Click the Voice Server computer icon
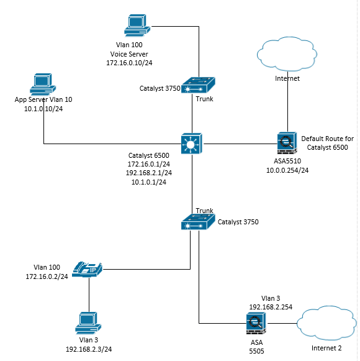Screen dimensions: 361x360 (135, 25)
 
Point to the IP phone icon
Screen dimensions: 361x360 (87, 268)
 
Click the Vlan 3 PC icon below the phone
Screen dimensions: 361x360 (86, 321)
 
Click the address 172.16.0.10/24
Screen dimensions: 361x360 (133, 63)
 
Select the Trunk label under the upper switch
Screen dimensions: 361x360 (204, 99)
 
